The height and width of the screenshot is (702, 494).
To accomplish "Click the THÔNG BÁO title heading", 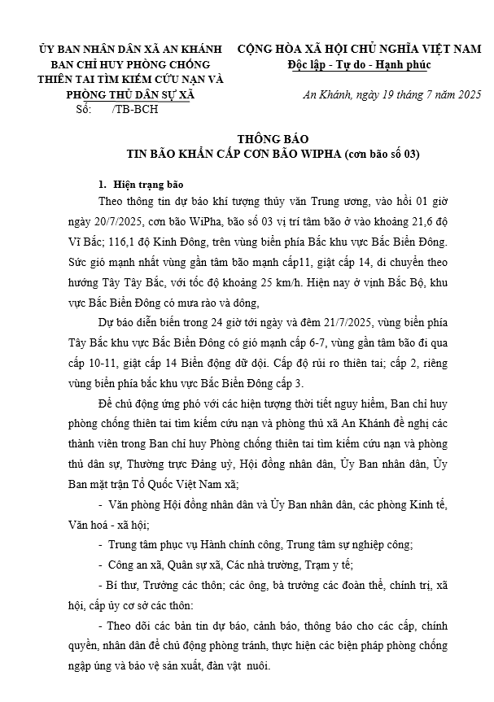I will click(273, 138).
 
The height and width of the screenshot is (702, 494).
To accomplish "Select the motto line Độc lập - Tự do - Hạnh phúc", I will click(359, 64).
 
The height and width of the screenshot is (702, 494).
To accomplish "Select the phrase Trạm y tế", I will click(327, 562).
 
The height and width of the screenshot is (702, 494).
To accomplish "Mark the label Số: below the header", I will click(82, 109).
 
